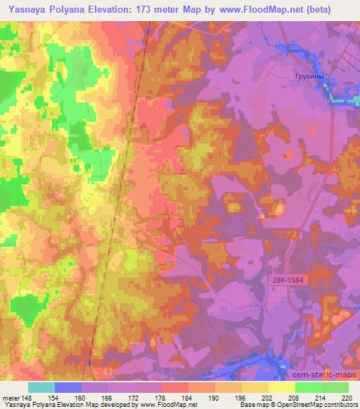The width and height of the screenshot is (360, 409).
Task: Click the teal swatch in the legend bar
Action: click(41, 387)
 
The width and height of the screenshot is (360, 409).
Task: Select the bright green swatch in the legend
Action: click(309, 387)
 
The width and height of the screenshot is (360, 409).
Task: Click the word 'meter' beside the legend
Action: click(9, 398)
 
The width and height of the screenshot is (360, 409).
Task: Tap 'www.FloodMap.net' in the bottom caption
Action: click(167, 405)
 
